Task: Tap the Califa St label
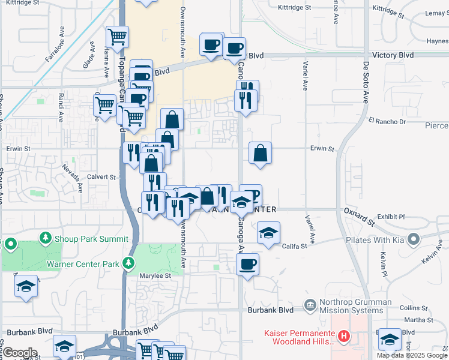click(295, 245)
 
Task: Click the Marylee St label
click(156, 276)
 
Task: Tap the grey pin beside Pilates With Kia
click(413, 240)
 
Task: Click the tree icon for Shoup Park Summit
click(46, 238)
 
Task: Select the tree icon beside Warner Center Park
click(127, 263)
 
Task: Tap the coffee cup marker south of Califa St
click(247, 264)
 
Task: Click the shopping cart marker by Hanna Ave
click(117, 37)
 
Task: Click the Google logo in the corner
click(19, 353)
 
